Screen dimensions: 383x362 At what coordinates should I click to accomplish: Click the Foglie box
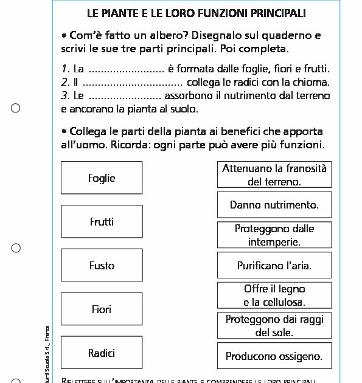pyautogui.click(x=102, y=178)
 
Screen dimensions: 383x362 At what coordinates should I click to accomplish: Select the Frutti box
pyautogui.click(x=102, y=222)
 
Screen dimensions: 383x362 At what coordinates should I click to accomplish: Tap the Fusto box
pyautogui.click(x=102, y=265)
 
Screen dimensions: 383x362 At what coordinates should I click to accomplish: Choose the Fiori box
pyautogui.click(x=102, y=309)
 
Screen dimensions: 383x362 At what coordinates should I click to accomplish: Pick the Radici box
pyautogui.click(x=102, y=353)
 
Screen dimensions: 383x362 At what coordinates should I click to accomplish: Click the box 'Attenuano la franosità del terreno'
pyautogui.click(x=274, y=175)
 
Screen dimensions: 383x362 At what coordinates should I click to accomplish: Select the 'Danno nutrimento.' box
pyautogui.click(x=274, y=205)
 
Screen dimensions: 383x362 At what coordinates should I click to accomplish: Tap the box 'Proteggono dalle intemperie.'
pyautogui.click(x=274, y=235)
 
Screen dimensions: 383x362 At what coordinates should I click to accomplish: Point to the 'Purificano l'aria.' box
pyautogui.click(x=274, y=265)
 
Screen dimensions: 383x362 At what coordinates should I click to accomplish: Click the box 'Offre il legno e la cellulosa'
pyautogui.click(x=274, y=295)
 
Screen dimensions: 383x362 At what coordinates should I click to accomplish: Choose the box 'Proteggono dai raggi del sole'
pyautogui.click(x=274, y=326)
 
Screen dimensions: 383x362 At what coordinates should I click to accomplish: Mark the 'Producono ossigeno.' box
pyautogui.click(x=274, y=356)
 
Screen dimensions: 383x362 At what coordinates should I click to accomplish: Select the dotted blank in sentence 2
pyautogui.click(x=133, y=83)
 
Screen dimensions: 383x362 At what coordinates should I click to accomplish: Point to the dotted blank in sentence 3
pyautogui.click(x=125, y=96)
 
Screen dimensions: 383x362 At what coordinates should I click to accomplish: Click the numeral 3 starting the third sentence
pyautogui.click(x=64, y=95)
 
